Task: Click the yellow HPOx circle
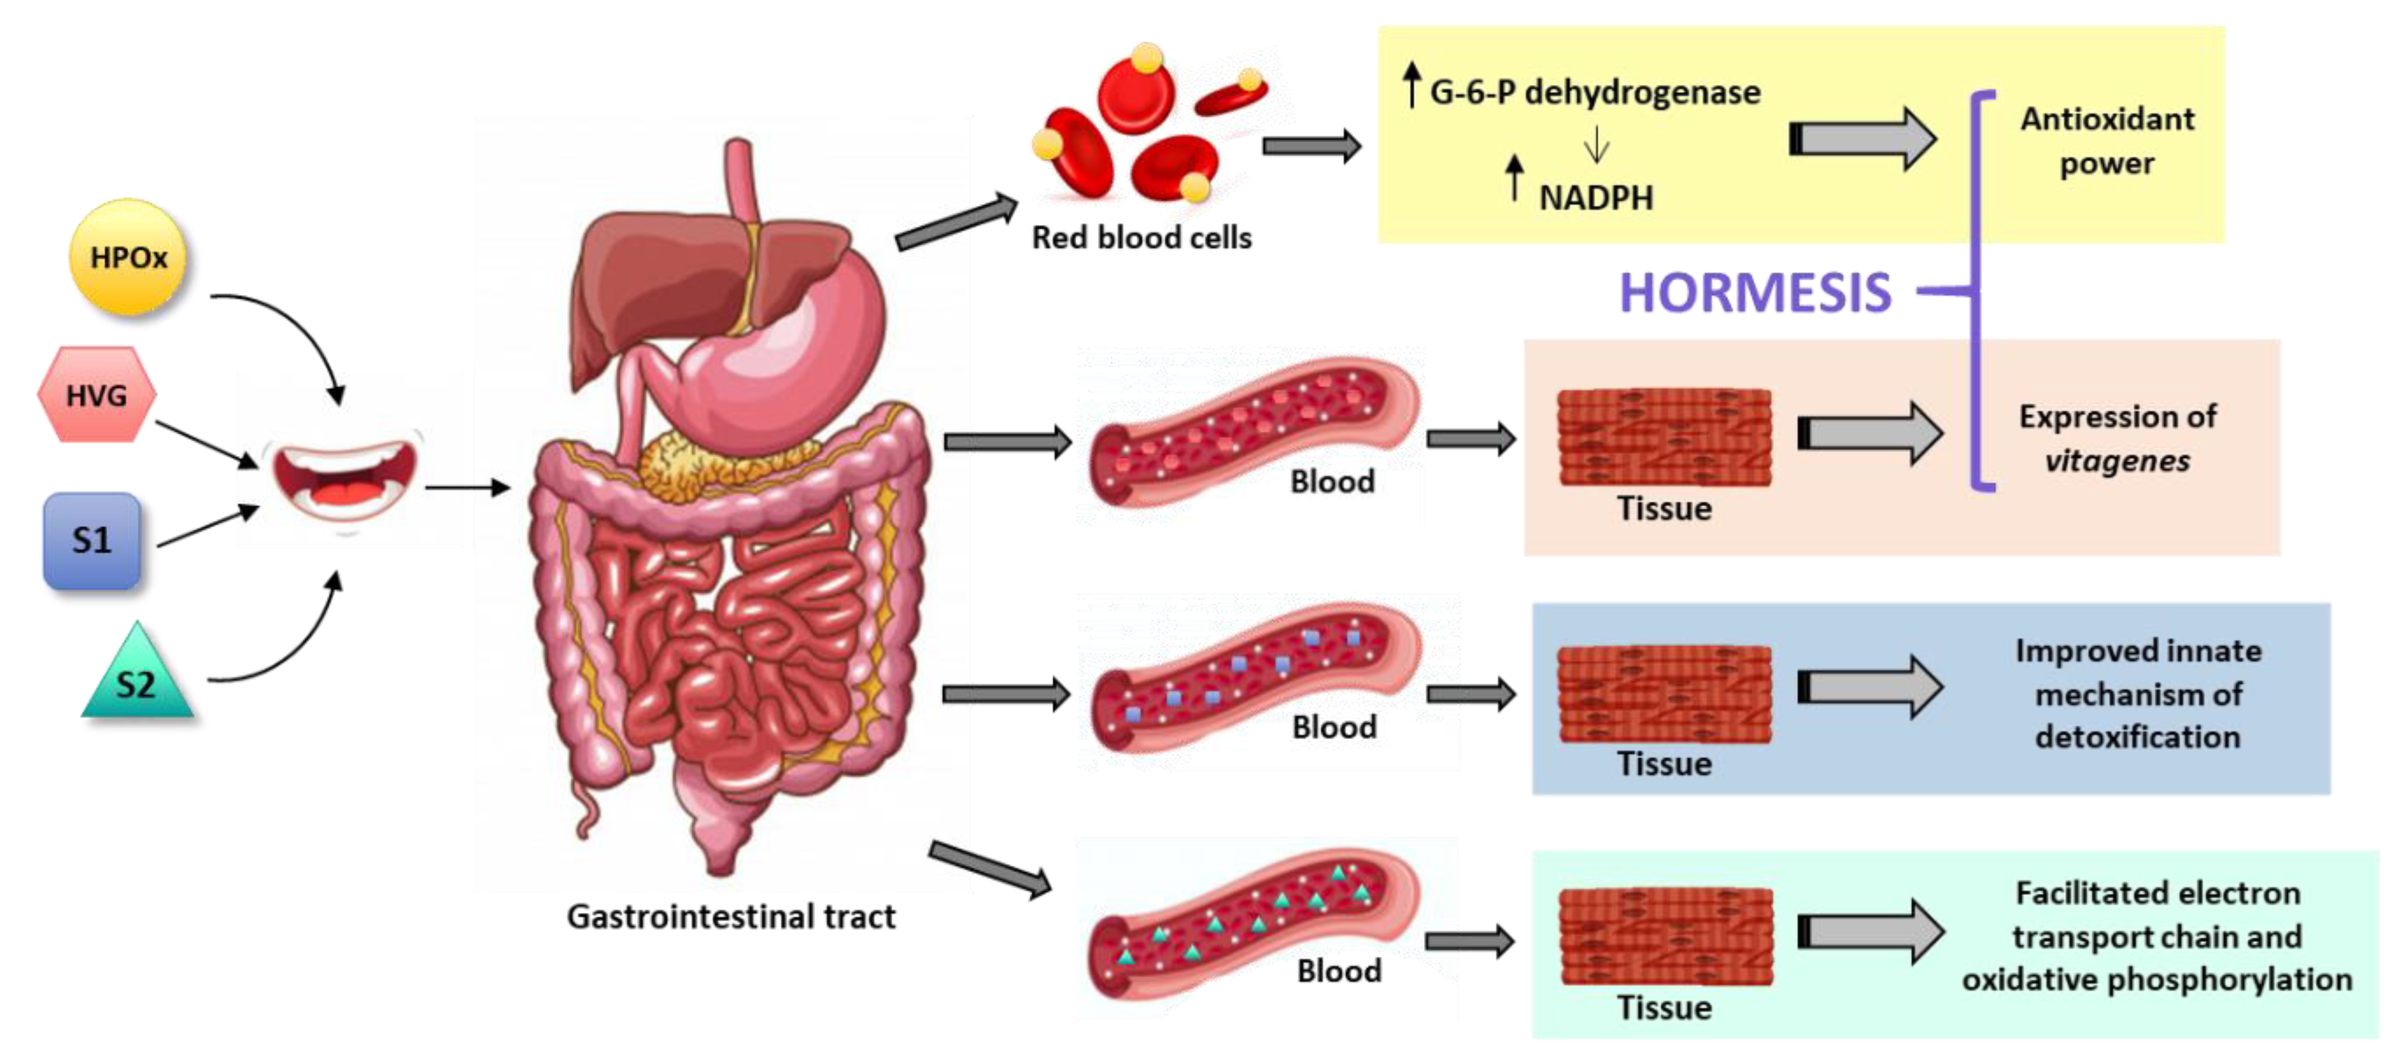click(127, 257)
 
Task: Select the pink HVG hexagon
click(96, 395)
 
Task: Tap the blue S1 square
click(91, 540)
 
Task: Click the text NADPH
click(1595, 197)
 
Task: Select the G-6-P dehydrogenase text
click(1594, 92)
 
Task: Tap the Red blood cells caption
click(1141, 237)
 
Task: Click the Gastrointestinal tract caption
click(731, 917)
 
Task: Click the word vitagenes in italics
click(2117, 461)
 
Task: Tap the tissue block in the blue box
click(1664, 694)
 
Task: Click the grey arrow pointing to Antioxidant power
click(1863, 139)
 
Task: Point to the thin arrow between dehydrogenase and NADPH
click(1596, 145)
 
